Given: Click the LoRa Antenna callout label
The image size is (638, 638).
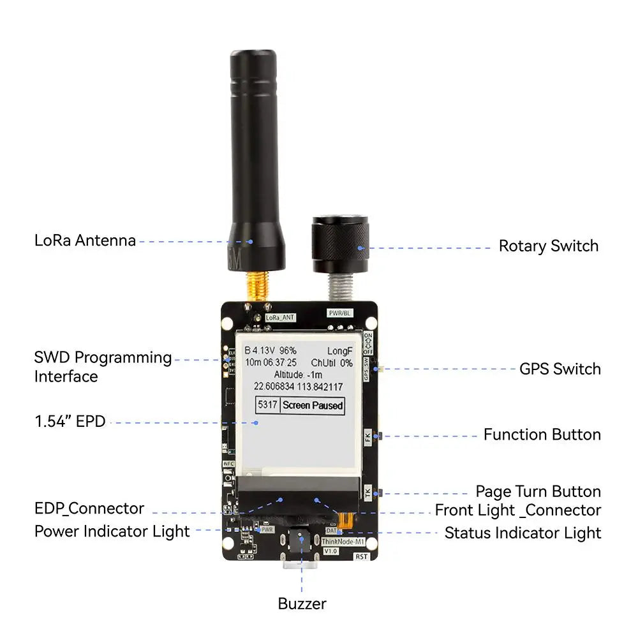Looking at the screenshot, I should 85,241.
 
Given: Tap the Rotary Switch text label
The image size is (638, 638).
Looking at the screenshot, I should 548,246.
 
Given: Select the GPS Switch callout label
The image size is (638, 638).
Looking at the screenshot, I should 560,369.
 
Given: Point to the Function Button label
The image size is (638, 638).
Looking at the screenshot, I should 542,434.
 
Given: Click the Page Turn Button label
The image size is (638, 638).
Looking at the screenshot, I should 538,491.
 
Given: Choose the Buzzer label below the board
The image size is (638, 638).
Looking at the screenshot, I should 302,604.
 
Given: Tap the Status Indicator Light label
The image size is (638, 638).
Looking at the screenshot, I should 523,532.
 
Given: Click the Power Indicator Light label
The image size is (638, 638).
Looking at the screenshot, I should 112,531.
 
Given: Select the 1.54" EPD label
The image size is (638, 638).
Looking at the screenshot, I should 70,421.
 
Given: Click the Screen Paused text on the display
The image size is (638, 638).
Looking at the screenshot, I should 313,405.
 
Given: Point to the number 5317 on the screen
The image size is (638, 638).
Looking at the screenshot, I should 267,405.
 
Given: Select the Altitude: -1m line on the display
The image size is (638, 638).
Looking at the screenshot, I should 299,374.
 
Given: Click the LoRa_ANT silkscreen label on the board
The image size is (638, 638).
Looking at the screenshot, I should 280,316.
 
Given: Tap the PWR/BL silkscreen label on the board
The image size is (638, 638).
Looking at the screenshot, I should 339,313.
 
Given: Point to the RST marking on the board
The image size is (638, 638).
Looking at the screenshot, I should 362,556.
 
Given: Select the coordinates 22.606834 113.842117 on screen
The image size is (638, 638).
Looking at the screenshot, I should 298,387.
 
